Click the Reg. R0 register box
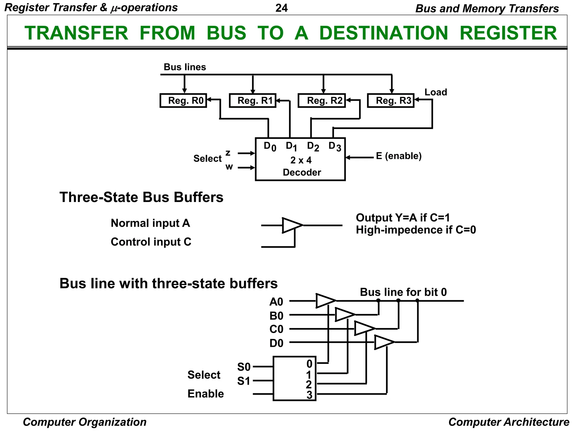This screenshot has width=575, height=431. tap(183, 100)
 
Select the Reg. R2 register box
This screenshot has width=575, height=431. tap(322, 100)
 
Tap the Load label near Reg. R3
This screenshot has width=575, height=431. tap(435, 92)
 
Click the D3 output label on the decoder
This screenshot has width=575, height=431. tap(334, 146)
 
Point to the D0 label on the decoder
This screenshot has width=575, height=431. tap(270, 146)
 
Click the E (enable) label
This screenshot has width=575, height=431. tap(399, 156)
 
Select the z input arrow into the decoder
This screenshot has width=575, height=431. tap(246, 153)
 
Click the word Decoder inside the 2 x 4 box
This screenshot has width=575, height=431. tap(302, 172)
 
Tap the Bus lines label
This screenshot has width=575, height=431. tap(185, 67)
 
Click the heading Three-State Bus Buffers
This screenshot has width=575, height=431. tap(141, 197)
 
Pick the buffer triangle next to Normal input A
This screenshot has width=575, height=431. tap(291, 225)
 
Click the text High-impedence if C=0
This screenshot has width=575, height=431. tap(416, 230)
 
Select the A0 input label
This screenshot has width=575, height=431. tap(276, 302)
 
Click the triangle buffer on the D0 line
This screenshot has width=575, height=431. tap(383, 342)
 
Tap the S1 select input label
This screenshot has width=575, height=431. tap(243, 381)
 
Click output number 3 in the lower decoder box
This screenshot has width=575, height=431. tap(309, 395)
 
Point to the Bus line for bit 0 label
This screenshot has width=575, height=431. tap(403, 292)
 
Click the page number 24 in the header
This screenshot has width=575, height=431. tap(282, 8)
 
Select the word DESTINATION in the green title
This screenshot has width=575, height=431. tap(384, 33)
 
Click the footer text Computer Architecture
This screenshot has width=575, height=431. tap(509, 422)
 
